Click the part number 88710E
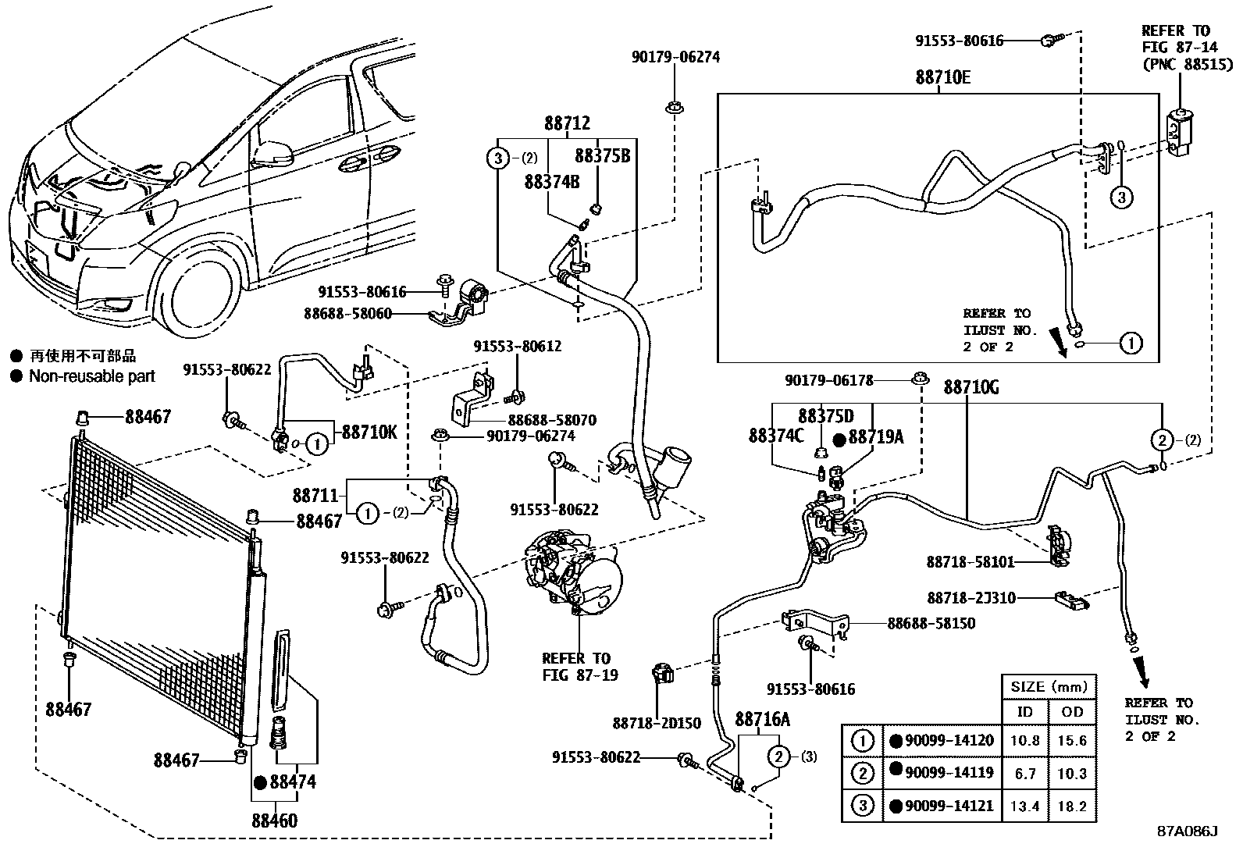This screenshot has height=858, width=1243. click(x=943, y=77)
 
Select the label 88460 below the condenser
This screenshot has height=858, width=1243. click(x=274, y=821)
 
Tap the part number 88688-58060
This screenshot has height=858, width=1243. click(x=347, y=315)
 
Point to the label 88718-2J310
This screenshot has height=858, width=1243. click(x=971, y=598)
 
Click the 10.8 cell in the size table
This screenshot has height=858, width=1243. click(x=1024, y=740)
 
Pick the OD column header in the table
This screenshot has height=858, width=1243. click(x=1072, y=711)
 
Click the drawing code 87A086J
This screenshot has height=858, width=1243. click(x=1187, y=831)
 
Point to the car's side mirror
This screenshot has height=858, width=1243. click(x=272, y=151)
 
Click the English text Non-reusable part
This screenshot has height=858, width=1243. click(x=92, y=376)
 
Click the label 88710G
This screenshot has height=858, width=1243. click(x=971, y=386)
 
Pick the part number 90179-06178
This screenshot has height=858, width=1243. click(x=828, y=380)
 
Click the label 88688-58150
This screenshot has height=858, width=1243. click(x=931, y=623)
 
